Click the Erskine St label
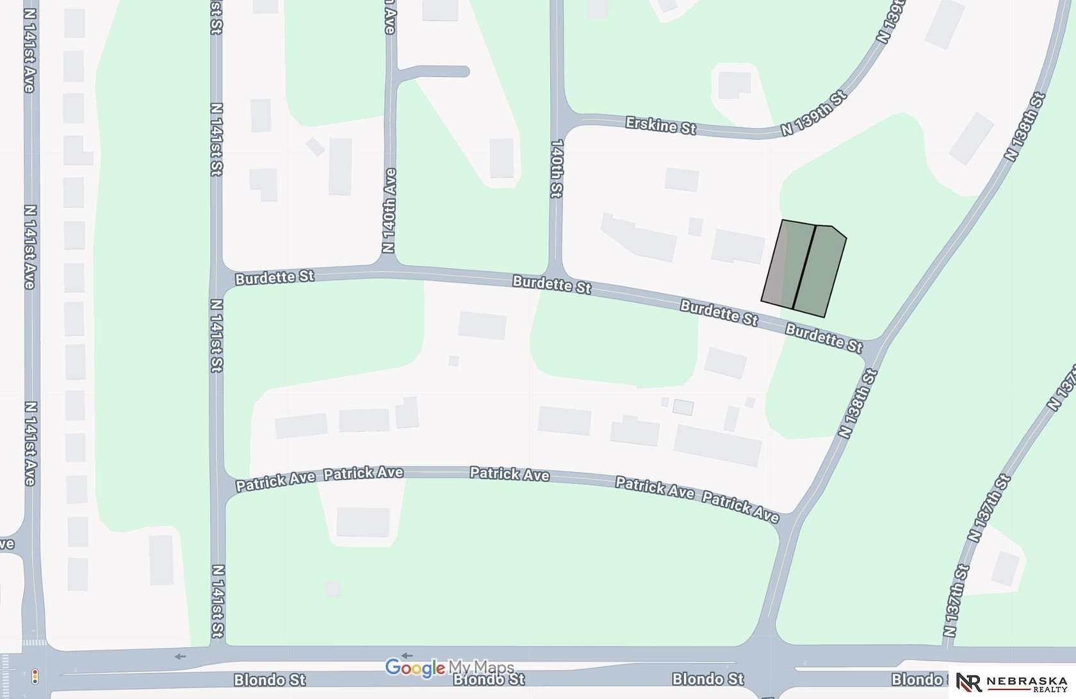point(661,125)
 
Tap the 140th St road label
point(556,168)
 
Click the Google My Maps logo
point(449,668)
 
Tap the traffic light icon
point(35,675)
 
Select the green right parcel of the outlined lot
point(820,270)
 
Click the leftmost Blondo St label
point(270,680)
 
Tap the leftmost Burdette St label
point(274,278)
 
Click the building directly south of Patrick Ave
point(363,522)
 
